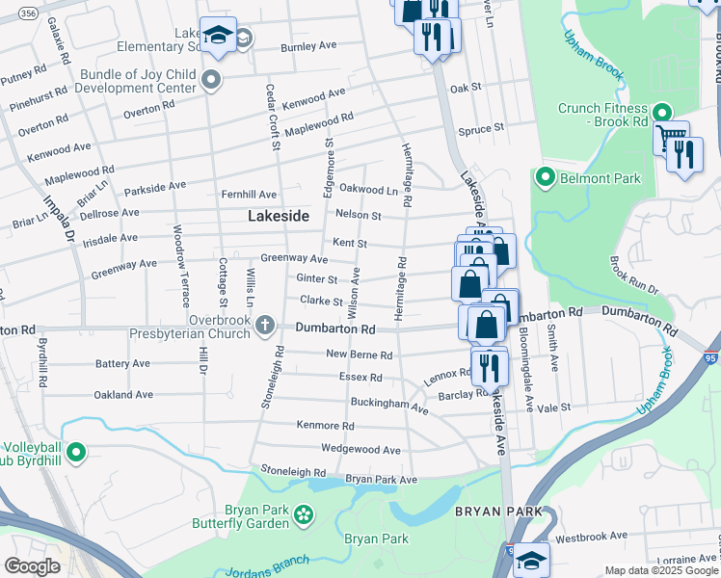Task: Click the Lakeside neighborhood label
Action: point(279,217)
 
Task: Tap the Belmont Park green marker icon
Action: point(545,177)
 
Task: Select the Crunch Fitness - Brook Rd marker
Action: point(661,113)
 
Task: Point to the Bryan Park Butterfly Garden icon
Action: point(305,514)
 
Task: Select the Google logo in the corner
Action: point(32,566)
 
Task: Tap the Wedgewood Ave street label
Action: point(360,450)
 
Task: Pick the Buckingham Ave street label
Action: point(389,406)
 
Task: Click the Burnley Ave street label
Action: point(307,45)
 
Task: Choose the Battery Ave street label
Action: point(122,364)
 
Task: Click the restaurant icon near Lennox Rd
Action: point(490,366)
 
